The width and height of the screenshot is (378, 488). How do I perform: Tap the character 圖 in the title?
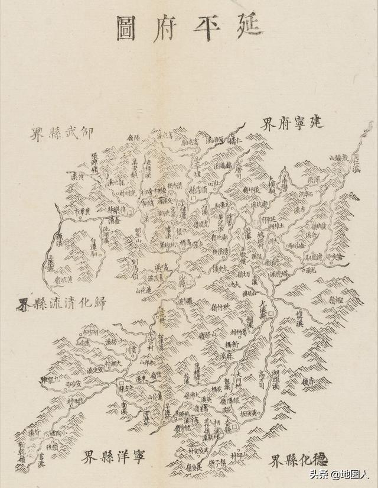click(125, 28)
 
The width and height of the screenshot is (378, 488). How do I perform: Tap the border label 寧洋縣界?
click(113, 456)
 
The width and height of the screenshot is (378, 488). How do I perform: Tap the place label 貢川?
click(134, 354)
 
